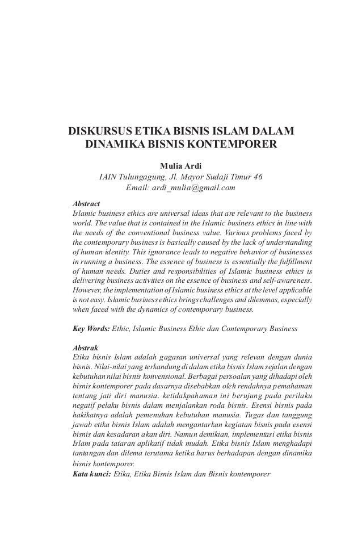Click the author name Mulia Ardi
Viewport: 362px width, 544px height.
pos(181,165)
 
